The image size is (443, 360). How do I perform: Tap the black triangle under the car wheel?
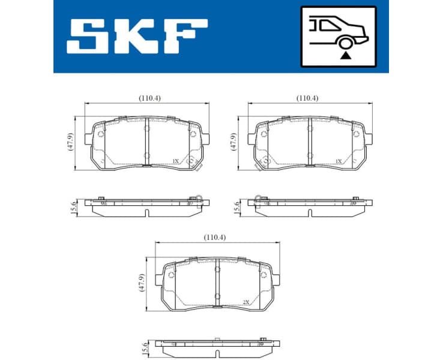[x=345, y=55]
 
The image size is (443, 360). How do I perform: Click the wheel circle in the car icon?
[x=345, y=42]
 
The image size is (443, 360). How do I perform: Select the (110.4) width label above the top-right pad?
[x=307, y=98]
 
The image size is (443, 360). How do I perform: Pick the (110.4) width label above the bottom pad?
[x=215, y=237]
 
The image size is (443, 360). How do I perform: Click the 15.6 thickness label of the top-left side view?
[x=74, y=207]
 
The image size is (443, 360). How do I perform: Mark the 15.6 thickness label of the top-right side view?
[x=236, y=207]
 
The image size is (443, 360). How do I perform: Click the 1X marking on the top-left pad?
[x=175, y=161]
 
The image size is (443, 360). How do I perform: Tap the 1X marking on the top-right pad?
[x=338, y=161]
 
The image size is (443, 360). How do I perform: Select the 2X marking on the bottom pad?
[x=246, y=303]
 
